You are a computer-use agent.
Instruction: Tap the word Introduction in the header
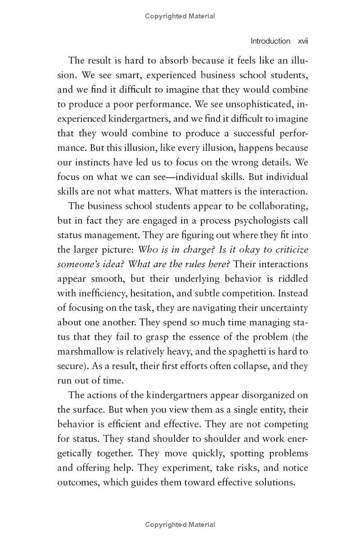270,41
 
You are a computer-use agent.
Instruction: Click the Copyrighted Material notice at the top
180,16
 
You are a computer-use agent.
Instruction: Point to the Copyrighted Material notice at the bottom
180,525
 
